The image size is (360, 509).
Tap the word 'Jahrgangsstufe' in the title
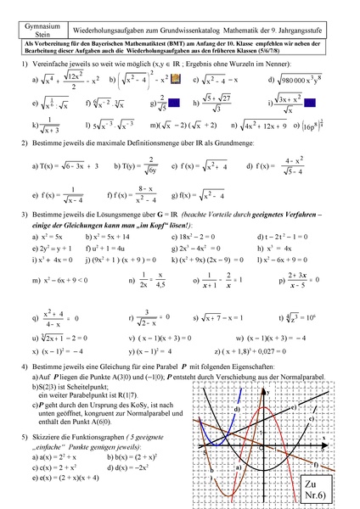click(313, 22)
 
